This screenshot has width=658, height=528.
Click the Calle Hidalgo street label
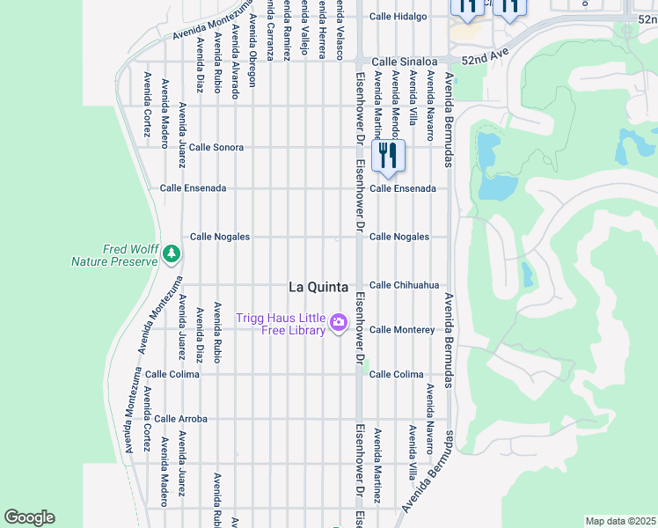click(398, 16)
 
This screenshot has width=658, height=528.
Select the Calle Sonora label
click(216, 148)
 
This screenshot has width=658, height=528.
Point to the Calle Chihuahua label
click(404, 285)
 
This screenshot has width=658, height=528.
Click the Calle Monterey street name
click(402, 330)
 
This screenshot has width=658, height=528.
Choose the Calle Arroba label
click(180, 419)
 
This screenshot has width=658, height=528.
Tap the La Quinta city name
click(318, 287)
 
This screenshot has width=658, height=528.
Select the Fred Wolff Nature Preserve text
click(114, 254)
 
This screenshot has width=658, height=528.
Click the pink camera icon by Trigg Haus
click(338, 324)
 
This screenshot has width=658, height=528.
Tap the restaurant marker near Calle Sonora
click(387, 157)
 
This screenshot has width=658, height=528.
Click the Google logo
click(29, 517)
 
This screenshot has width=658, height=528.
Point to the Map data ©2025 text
click(620, 521)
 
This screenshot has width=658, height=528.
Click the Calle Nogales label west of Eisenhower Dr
click(220, 237)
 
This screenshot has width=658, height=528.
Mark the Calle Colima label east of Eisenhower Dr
click(396, 374)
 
